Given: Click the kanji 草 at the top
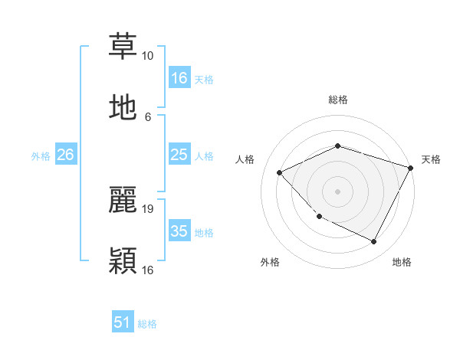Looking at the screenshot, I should pos(123,47).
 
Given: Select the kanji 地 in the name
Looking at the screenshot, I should pos(123,107).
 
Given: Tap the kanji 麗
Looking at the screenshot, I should pos(123,199).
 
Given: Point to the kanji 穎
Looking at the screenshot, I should pos(123,260).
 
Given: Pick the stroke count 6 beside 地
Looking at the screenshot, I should pos(147,116).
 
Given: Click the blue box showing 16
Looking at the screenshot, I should pos(179,78).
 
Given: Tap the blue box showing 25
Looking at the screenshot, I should pos(179,155).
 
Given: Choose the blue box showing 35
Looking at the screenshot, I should pos(179,231).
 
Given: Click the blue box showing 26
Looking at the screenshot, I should pos(66,155).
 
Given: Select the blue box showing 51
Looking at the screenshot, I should pos(123,322).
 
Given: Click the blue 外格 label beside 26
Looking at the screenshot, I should pos(41,155).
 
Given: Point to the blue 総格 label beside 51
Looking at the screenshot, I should pos(147,323).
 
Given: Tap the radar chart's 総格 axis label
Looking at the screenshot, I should pos(338,100).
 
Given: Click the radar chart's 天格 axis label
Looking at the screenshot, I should pos(431,159).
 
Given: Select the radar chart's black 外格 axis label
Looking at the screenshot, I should pos(270,262).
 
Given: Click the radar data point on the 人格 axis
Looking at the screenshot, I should pos(280,172).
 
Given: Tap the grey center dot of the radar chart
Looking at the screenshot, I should pos(338,191).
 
